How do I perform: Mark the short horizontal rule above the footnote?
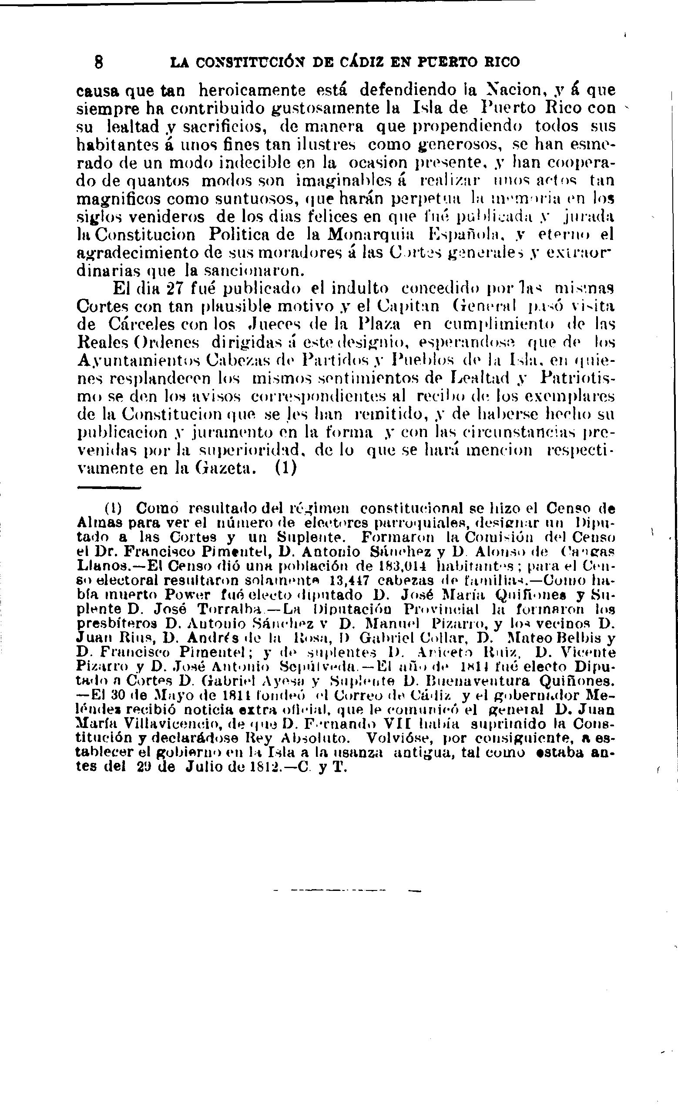(109, 488)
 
